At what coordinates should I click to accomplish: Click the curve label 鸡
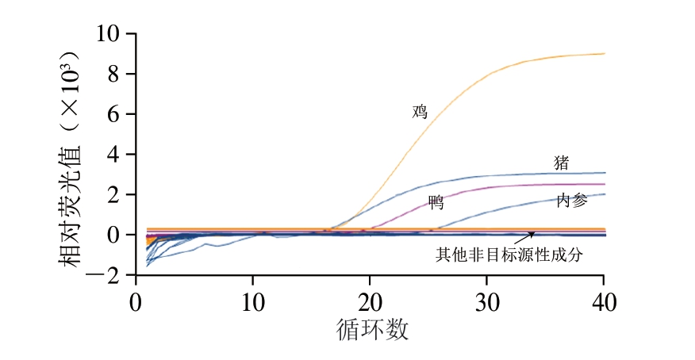[x=420, y=112]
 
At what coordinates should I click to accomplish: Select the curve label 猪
[x=561, y=163]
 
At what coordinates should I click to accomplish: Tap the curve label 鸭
[x=436, y=203]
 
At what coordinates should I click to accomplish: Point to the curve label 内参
[x=572, y=201]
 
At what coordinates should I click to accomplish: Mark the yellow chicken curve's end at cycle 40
[x=605, y=54]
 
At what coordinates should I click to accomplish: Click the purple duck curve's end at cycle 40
[x=605, y=184]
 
